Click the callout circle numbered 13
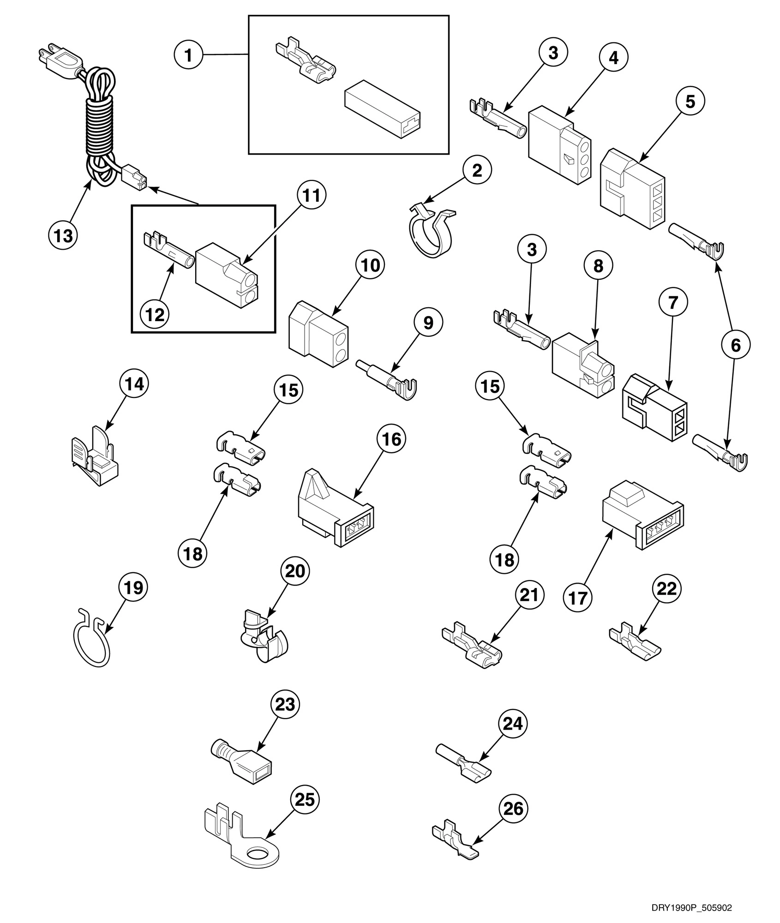coord(63,236)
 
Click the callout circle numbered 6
coord(735,345)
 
